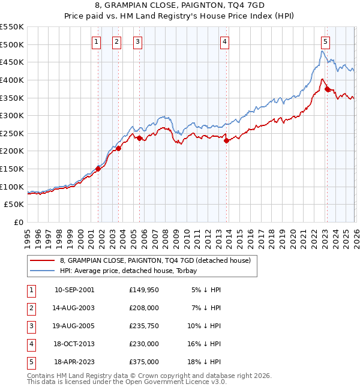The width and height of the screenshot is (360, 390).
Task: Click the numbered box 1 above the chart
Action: [x=97, y=41]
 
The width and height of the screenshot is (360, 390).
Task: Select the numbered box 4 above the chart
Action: [x=224, y=41]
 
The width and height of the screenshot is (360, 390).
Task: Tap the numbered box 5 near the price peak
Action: [x=325, y=41]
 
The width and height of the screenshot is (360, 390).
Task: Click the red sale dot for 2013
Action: [x=226, y=140]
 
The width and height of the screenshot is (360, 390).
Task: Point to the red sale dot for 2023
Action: [x=327, y=89]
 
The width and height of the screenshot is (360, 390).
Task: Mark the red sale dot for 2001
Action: [x=98, y=169]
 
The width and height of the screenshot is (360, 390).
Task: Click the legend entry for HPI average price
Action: [x=132, y=271]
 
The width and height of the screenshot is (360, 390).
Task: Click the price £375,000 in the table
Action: [x=144, y=362]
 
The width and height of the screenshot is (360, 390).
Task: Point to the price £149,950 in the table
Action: [x=144, y=290]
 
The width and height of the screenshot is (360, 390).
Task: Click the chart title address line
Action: [x=180, y=6]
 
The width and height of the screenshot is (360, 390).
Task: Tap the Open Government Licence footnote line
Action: [x=127, y=382]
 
